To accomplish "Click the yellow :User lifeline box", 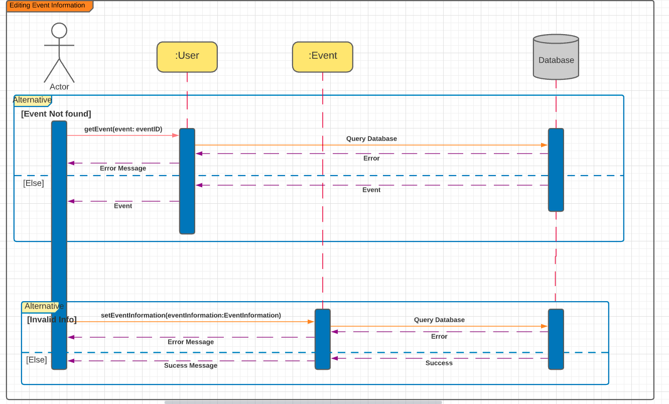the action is pos(187,57).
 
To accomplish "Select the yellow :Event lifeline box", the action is pos(323,57).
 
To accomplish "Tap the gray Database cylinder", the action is pos(556,57).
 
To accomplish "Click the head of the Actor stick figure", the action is pos(59,31).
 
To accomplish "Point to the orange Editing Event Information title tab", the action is pos(50,6).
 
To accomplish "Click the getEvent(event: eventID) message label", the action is pos(123,129).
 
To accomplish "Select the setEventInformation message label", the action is pos(191,315).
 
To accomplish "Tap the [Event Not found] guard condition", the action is pos(56,114).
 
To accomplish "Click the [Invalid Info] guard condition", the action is pos(52,320).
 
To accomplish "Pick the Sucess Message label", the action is pos(191,365).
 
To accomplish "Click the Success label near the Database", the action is pos(439,363).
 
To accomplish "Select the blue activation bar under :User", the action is pos(187,181).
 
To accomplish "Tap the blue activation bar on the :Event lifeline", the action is pos(323,339).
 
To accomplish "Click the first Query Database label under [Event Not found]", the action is pos(371,139).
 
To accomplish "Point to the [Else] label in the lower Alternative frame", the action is pos(37,360).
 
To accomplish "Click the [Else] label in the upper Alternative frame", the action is pos(34,183).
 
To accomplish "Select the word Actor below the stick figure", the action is pos(59,87).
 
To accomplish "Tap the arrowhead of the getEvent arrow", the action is pos(176,136).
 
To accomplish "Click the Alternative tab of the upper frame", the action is pos(33,100).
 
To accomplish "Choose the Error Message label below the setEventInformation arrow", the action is pos(191,342).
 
